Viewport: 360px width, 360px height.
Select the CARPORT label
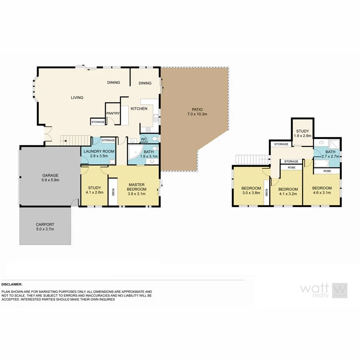(x=45, y=227)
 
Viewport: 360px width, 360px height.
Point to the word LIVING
(x=77, y=98)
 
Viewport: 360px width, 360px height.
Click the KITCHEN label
(x=139, y=109)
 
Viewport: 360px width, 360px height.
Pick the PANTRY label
(x=113, y=113)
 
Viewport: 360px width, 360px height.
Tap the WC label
(x=144, y=139)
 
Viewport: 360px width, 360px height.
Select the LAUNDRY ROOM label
(x=95, y=153)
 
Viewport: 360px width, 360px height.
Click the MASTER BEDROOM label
(x=137, y=189)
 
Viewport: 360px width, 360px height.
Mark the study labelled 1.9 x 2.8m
(x=302, y=133)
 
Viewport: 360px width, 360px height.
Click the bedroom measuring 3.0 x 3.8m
(x=251, y=190)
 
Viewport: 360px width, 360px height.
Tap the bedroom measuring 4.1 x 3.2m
(x=288, y=192)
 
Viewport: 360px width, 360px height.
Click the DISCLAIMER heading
(x=12, y=284)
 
